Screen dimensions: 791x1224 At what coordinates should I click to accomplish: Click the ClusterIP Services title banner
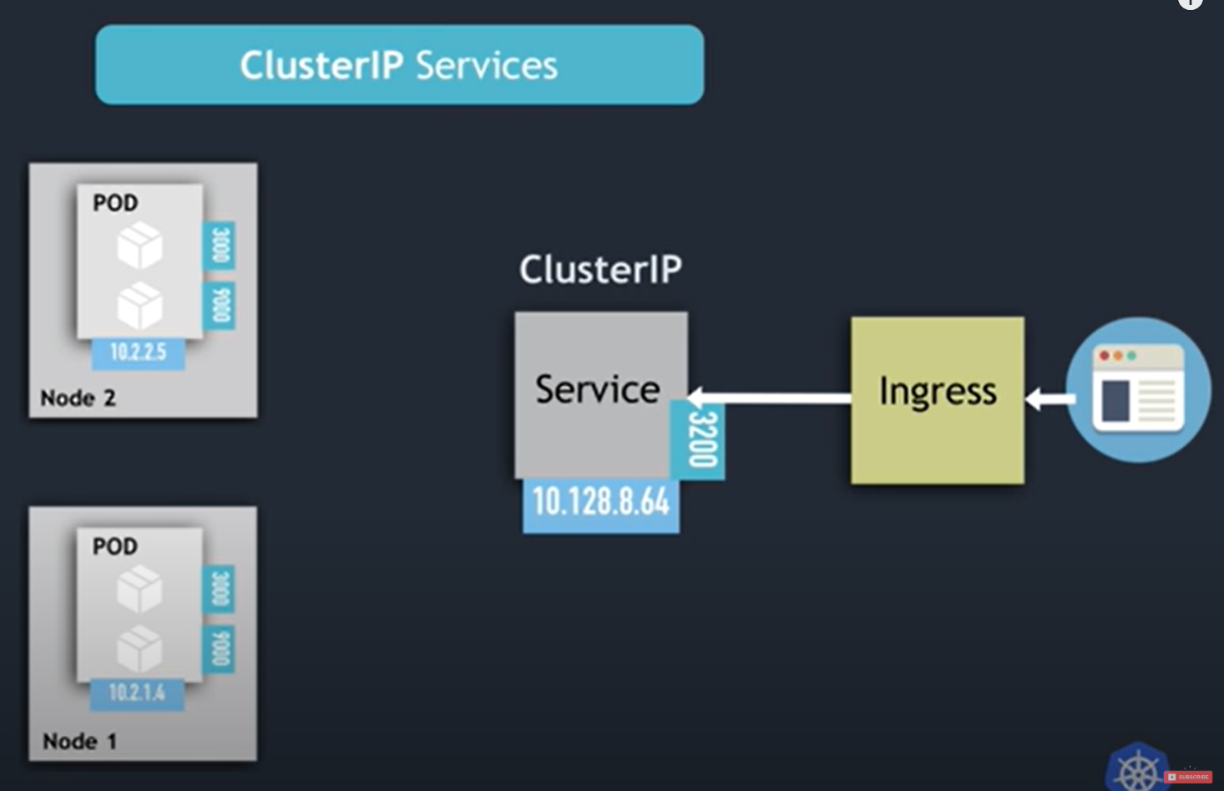399,65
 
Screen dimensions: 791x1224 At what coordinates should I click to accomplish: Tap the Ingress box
937,399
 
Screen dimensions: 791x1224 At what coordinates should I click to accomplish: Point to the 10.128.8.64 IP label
601,503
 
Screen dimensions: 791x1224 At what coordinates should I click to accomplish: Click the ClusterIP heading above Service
600,269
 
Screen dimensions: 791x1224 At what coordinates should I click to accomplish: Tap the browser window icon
1139,389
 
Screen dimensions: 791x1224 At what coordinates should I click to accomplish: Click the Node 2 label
78,398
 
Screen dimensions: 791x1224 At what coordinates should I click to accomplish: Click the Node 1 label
80,741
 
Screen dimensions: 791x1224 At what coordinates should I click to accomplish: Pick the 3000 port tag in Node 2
220,246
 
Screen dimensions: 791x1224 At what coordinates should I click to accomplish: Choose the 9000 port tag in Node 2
220,306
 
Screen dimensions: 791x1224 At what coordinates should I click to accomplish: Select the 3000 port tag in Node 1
220,590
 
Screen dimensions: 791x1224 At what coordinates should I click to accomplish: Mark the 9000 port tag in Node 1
220,649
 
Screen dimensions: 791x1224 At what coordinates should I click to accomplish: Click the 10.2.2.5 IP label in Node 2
139,352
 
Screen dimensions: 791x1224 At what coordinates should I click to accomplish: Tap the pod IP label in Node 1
137,693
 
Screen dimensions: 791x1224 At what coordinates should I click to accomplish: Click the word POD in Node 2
115,203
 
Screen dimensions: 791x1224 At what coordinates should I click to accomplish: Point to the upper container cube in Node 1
139,589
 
